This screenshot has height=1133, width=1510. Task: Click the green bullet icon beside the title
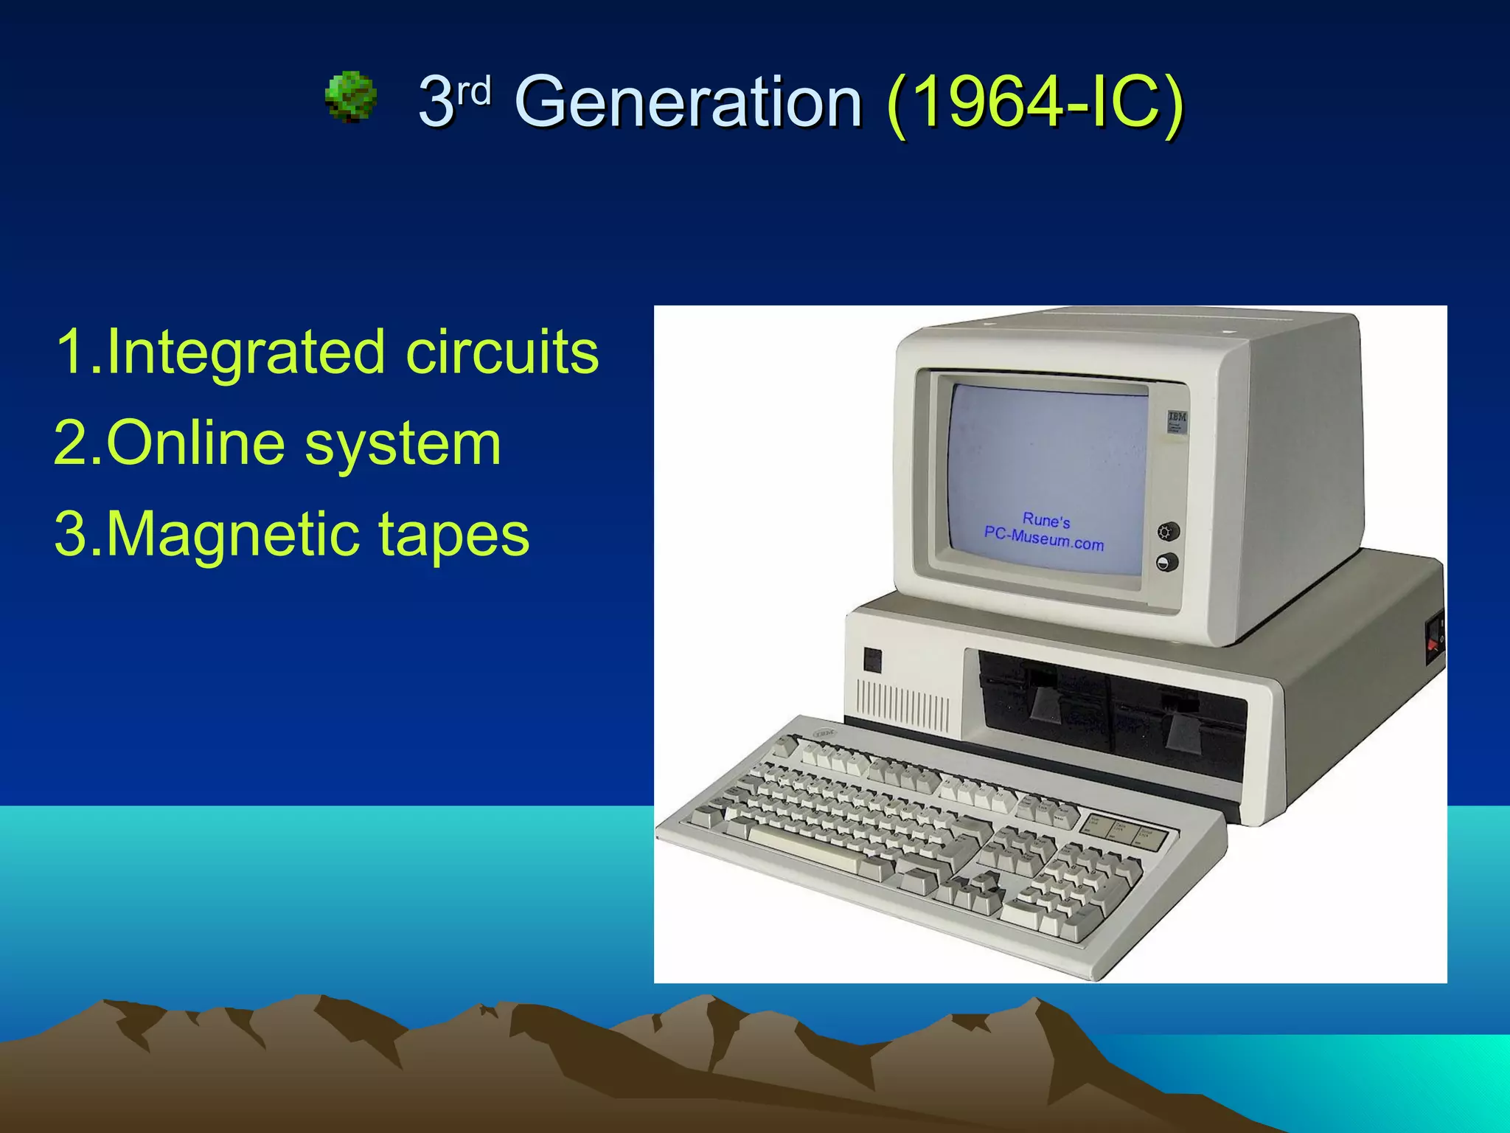(x=351, y=97)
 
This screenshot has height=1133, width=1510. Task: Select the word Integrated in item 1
(x=246, y=352)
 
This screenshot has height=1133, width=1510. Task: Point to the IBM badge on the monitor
(x=1177, y=421)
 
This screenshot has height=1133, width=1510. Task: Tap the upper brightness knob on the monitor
(x=1168, y=531)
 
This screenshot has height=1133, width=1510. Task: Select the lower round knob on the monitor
(x=1166, y=564)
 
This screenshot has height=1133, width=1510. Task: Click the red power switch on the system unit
(x=1433, y=644)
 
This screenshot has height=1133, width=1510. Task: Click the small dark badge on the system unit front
(x=872, y=659)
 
